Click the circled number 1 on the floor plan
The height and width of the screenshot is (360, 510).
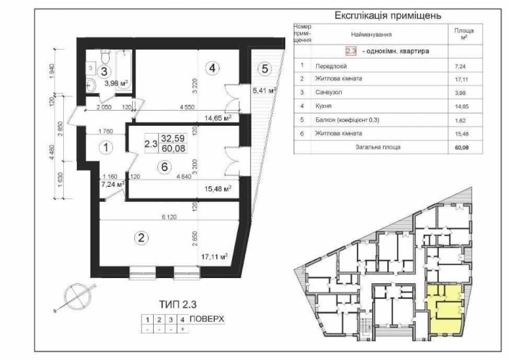[105, 149]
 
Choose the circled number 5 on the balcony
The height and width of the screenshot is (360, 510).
[264, 69]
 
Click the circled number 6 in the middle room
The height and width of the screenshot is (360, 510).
[165, 166]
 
